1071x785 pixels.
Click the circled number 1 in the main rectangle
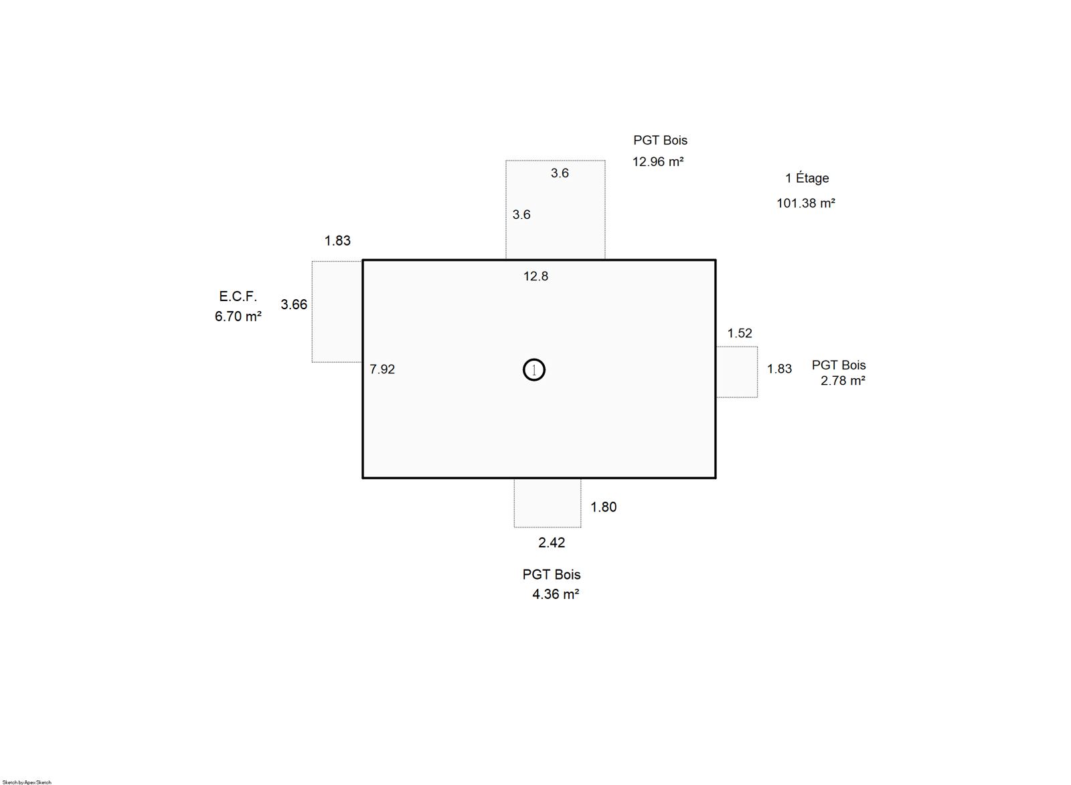pos(533,370)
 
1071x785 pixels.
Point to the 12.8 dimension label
pos(535,276)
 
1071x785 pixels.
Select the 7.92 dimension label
pos(382,369)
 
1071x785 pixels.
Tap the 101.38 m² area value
pos(806,203)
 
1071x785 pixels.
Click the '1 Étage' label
pos(807,178)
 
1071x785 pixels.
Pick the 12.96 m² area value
pos(658,161)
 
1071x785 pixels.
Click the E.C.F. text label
pos(238,296)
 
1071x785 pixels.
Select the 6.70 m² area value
pos(238,317)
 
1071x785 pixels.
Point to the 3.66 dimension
pos(294,304)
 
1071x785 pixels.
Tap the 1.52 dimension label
pos(740,333)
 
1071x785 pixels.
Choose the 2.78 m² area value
pos(843,381)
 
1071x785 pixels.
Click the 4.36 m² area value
pos(556,594)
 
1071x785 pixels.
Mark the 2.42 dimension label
pos(552,543)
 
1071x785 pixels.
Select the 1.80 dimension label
pos(603,507)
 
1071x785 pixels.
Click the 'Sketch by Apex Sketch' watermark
pos(27,782)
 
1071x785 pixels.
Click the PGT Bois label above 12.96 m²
pos(660,140)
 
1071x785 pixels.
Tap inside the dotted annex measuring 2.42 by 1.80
pos(548,503)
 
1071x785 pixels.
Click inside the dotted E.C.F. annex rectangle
pos(337,312)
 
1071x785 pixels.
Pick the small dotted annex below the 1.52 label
pos(737,372)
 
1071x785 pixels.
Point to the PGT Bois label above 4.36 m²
pos(552,574)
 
